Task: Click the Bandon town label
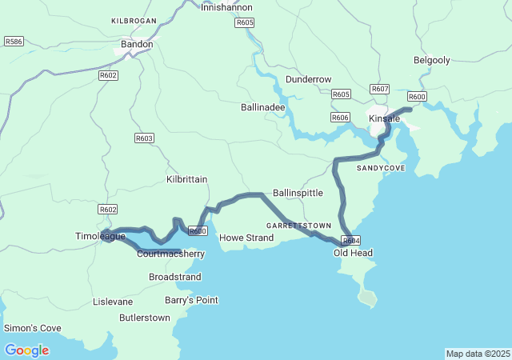point(136,45)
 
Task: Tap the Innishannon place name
point(226,6)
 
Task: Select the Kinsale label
point(384,118)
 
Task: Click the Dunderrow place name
point(308,80)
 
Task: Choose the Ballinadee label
point(262,106)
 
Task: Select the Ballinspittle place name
point(298,194)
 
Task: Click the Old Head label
point(353,253)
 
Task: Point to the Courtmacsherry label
point(170,254)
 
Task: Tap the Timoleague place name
point(101,238)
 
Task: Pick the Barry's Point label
point(190,300)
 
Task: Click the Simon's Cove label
point(32,328)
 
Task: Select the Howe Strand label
point(246,238)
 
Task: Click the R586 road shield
point(14,41)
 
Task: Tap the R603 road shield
point(144,138)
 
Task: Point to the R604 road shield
point(351,240)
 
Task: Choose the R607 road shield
point(380,89)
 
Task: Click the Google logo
point(26,350)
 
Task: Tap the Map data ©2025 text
point(477,354)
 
